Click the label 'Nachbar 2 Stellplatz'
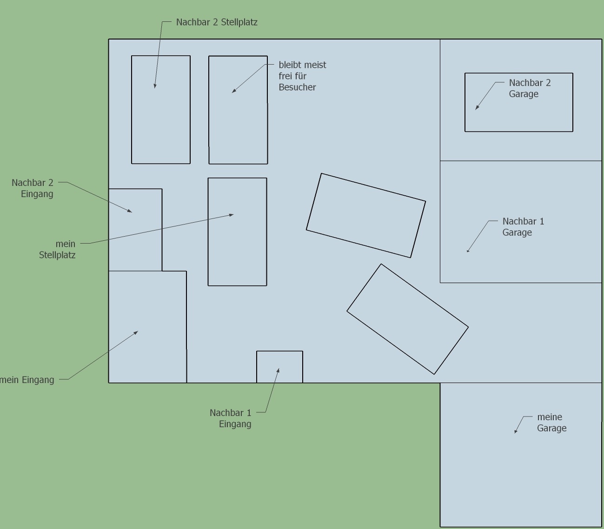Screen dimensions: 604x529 click(x=217, y=22)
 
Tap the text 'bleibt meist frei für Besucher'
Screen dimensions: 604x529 click(x=302, y=76)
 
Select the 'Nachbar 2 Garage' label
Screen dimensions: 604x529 click(x=530, y=88)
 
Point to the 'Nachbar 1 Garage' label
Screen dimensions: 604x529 click(x=523, y=227)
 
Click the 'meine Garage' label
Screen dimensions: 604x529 click(x=551, y=422)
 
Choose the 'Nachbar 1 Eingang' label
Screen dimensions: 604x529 click(x=231, y=418)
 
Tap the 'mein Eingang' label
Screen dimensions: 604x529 click(x=27, y=380)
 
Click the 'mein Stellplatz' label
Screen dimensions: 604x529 click(x=57, y=250)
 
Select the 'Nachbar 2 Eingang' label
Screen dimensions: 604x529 click(x=33, y=188)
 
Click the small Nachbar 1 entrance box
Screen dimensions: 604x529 click(x=279, y=367)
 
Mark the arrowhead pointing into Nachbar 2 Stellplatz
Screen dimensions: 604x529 click(x=155, y=86)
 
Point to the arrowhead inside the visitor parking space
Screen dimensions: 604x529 click(x=234, y=91)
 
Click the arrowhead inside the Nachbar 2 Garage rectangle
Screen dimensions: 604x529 click(x=477, y=107)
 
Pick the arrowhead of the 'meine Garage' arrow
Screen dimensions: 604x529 click(x=516, y=431)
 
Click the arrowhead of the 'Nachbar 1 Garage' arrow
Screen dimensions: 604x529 click(x=468, y=251)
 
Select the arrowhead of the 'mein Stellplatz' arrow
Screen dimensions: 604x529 click(x=232, y=215)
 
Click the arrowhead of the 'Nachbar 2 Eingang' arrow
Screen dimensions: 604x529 click(x=130, y=211)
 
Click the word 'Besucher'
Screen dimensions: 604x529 click(x=297, y=87)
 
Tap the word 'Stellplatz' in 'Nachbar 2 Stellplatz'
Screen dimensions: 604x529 click(x=239, y=22)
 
